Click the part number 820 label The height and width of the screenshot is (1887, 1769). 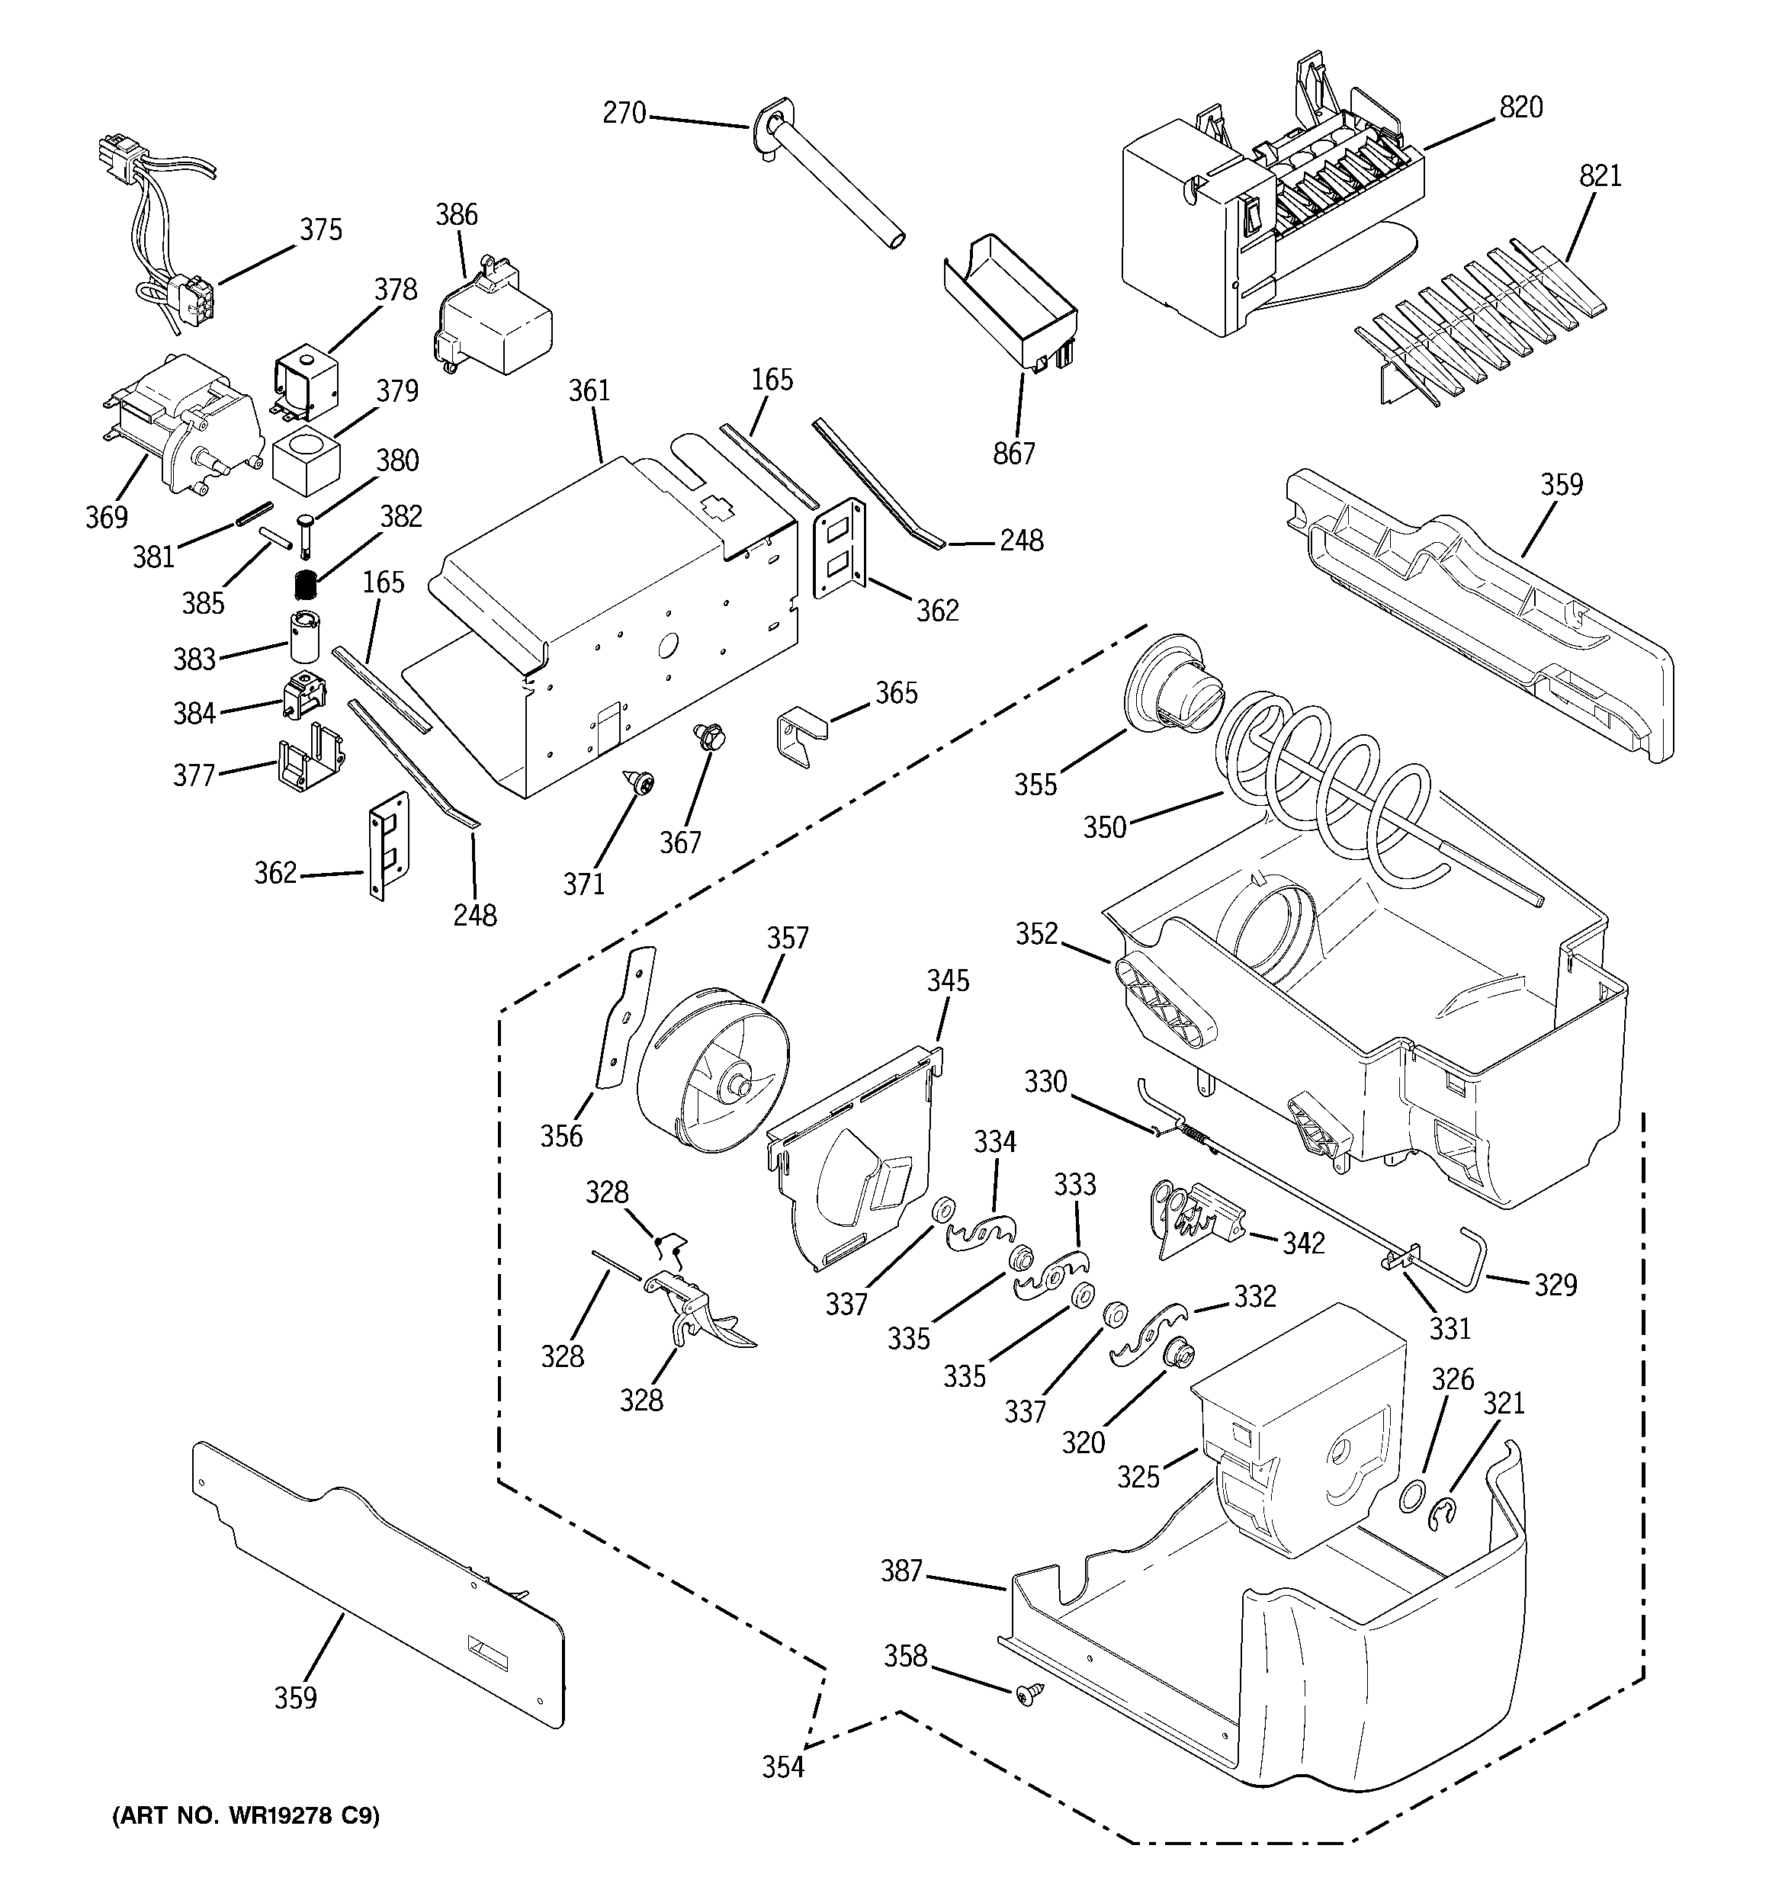[x=1521, y=108]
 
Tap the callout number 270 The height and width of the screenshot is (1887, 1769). [x=624, y=114]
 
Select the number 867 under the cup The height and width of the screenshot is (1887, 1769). [x=1013, y=454]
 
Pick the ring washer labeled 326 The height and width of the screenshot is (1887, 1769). [x=1412, y=1497]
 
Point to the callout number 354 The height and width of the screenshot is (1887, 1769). [x=782, y=1767]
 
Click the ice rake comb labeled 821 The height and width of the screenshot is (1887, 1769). [x=1482, y=323]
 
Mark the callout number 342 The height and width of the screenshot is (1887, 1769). [x=1303, y=1243]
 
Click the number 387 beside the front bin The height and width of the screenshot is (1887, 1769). [x=901, y=1571]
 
